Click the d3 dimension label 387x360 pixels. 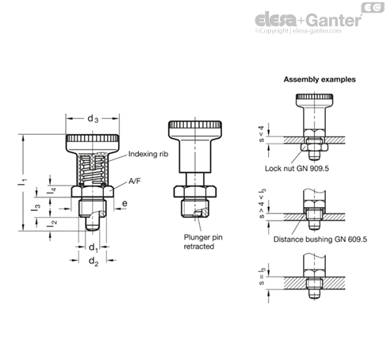point(93,119)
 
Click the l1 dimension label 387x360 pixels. point(22,182)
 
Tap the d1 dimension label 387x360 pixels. point(94,247)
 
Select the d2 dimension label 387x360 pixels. point(94,262)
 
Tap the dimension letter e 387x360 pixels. point(125,203)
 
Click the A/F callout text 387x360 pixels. point(135,181)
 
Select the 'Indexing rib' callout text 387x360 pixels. point(148,154)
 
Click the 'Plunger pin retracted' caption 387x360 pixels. point(203,242)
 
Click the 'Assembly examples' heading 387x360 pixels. point(320,79)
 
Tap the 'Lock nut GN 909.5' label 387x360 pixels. point(297,169)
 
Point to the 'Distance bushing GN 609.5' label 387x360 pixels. point(320,239)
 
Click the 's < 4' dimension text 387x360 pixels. point(261,134)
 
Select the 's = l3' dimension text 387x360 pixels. point(262,277)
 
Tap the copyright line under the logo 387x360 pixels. point(298,31)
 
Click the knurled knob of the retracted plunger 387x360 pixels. point(195,129)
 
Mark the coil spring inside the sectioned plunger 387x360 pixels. point(92,170)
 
